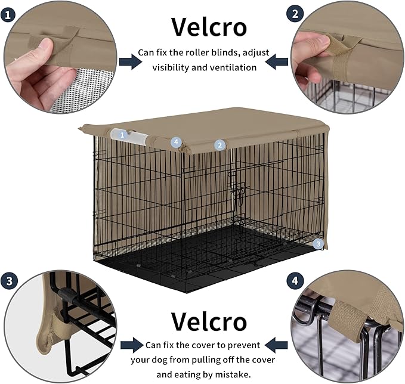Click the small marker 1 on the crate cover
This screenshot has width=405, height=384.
point(122,135)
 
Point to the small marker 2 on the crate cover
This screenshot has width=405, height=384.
point(219,145)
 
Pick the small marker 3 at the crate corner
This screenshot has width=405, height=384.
point(319,243)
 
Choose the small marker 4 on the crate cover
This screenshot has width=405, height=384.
point(175,142)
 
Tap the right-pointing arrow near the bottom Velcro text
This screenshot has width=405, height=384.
point(131,345)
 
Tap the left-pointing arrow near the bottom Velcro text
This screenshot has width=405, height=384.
point(276,345)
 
